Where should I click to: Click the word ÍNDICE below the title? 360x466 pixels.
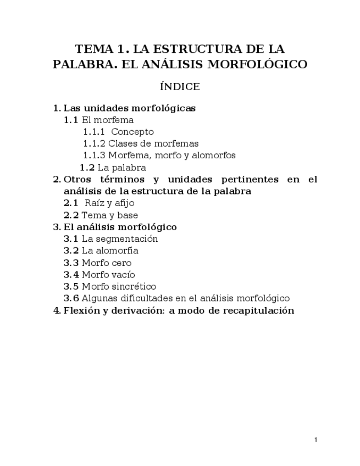[x=180, y=87]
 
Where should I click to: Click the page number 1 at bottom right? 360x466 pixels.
[x=316, y=440]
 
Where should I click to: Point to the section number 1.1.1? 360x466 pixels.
[x=94, y=132]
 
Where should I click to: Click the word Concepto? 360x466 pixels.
[x=132, y=132]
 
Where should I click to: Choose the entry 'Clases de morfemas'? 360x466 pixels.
[x=153, y=143]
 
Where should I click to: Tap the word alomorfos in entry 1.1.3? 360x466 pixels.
[x=214, y=156]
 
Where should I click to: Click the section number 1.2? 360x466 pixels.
[x=87, y=168]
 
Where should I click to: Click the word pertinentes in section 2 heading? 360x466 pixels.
[x=248, y=180]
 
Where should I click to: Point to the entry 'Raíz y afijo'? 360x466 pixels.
[x=109, y=203]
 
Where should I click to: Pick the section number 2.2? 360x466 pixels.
[x=71, y=215]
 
